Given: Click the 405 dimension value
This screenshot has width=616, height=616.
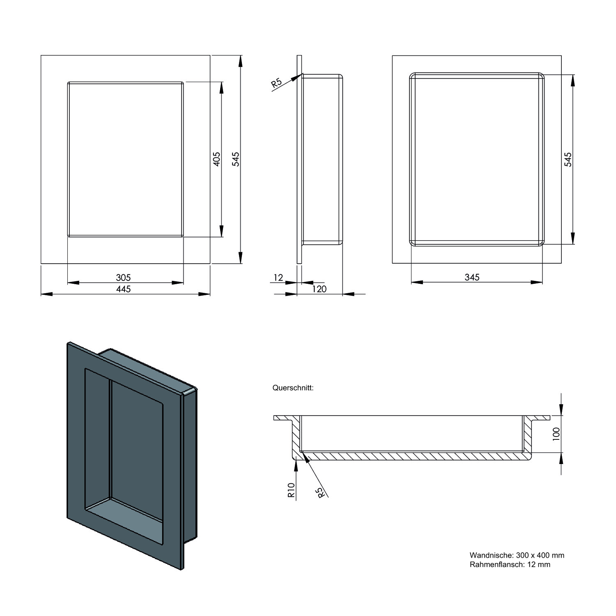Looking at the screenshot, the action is [217, 159].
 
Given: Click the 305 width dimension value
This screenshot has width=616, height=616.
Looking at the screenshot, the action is [123, 278].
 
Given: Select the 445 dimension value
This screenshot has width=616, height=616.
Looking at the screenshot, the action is [123, 289].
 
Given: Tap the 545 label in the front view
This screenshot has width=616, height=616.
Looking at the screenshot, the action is [235, 159].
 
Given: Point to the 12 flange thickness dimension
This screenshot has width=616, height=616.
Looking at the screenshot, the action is [278, 278].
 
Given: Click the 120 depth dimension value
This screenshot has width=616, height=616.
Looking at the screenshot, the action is [319, 289].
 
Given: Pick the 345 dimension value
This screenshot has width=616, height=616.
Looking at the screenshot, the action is [472, 277].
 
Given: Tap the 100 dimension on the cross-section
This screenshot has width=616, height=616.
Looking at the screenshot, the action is [556, 434].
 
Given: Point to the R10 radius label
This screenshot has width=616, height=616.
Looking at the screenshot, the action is [291, 490].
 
